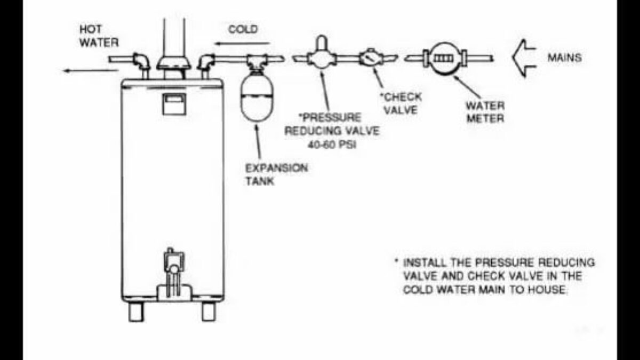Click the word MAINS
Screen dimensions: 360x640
click(564, 58)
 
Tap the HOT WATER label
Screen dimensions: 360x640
click(99, 36)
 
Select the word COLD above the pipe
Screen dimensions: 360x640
click(243, 29)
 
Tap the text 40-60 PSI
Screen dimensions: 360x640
click(331, 145)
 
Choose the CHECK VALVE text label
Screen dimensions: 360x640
click(401, 103)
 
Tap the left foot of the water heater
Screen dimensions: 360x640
click(136, 311)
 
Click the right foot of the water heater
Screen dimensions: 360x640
click(209, 311)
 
